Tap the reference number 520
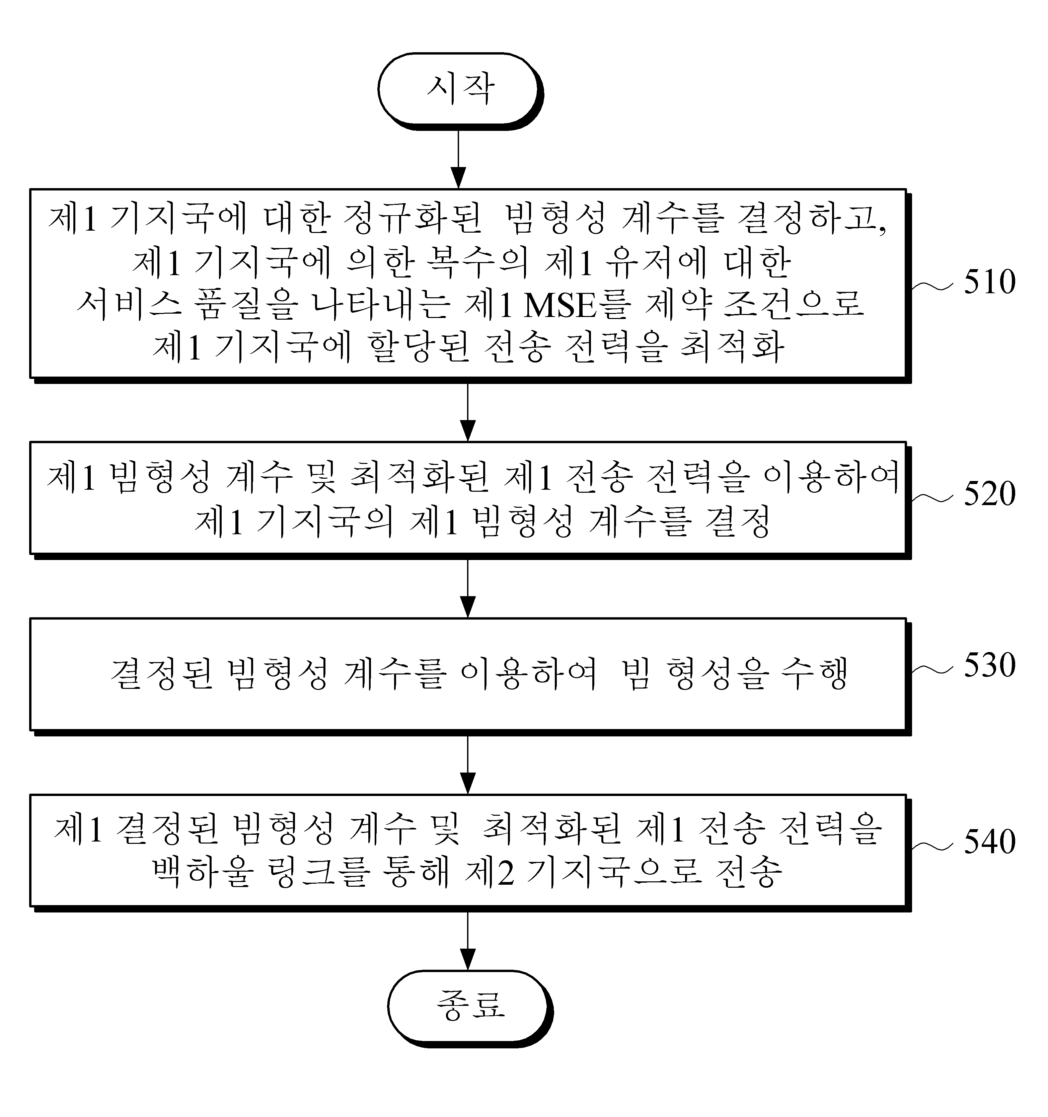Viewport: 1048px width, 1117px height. (989, 494)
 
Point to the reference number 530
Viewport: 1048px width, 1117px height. (989, 665)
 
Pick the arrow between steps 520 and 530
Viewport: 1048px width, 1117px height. (467, 588)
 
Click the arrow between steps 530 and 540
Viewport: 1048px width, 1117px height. (467, 765)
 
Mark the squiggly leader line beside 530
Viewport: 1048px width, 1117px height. (932, 669)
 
